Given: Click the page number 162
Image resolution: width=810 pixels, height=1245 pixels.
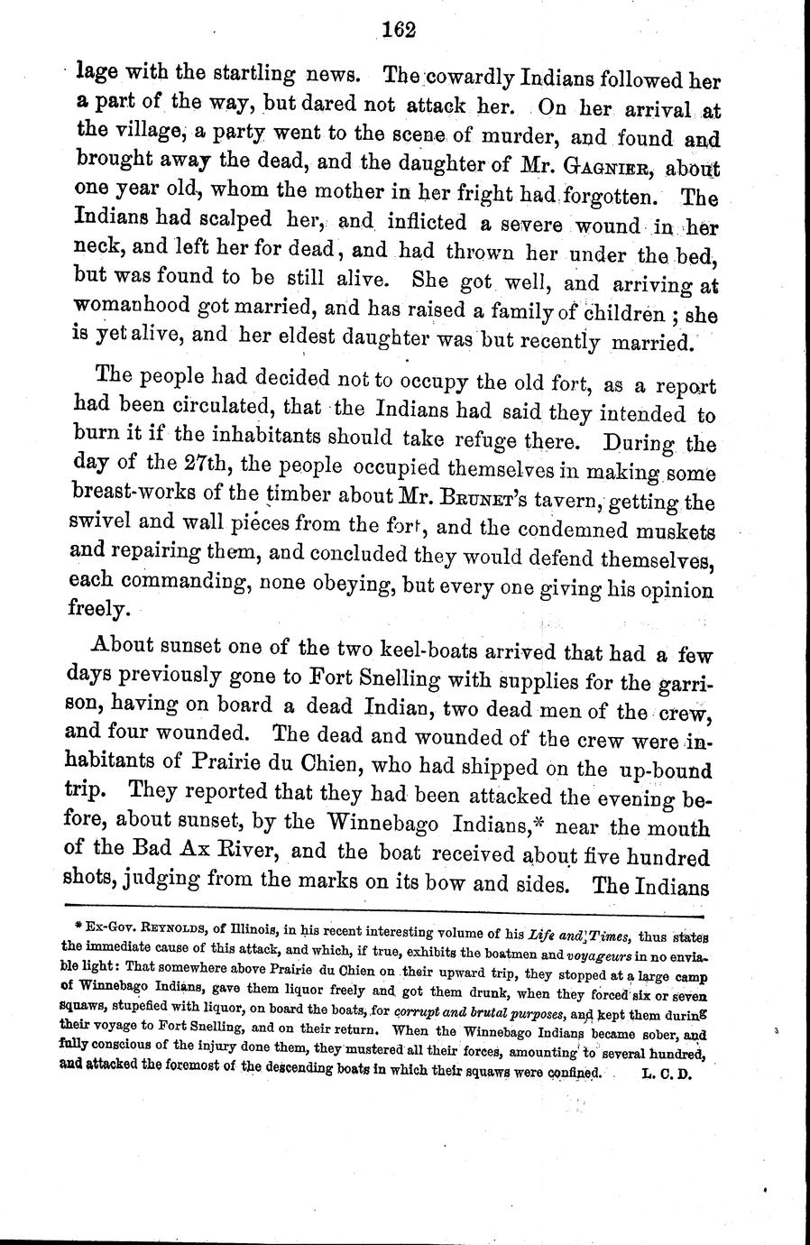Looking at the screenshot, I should pos(397,30).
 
